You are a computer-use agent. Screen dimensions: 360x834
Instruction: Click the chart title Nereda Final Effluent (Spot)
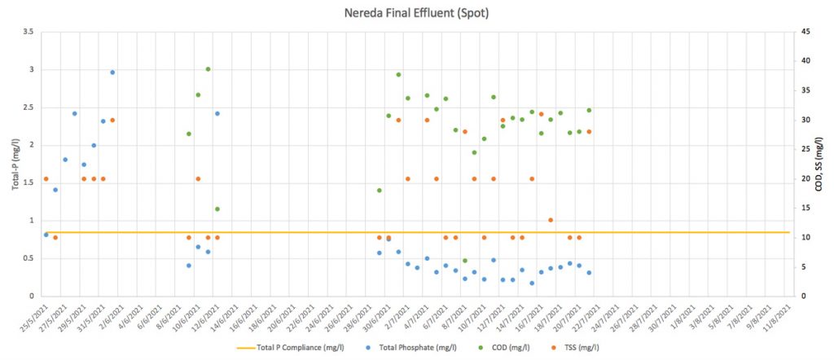pyautogui.click(x=418, y=13)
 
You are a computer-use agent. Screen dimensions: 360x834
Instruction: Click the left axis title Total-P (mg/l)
pyautogui.click(x=15, y=164)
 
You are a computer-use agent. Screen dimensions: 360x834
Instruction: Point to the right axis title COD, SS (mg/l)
pyautogui.click(x=819, y=164)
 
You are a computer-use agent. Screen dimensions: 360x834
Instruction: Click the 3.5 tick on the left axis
pyautogui.click(x=28, y=32)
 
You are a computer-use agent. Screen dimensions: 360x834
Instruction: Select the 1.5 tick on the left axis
pyautogui.click(x=28, y=183)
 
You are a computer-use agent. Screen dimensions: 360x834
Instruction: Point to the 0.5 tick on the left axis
pyautogui.click(x=28, y=258)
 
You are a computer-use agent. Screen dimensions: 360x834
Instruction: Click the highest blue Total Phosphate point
pyautogui.click(x=112, y=72)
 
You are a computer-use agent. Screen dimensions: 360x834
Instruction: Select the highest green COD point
pyautogui.click(x=208, y=69)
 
